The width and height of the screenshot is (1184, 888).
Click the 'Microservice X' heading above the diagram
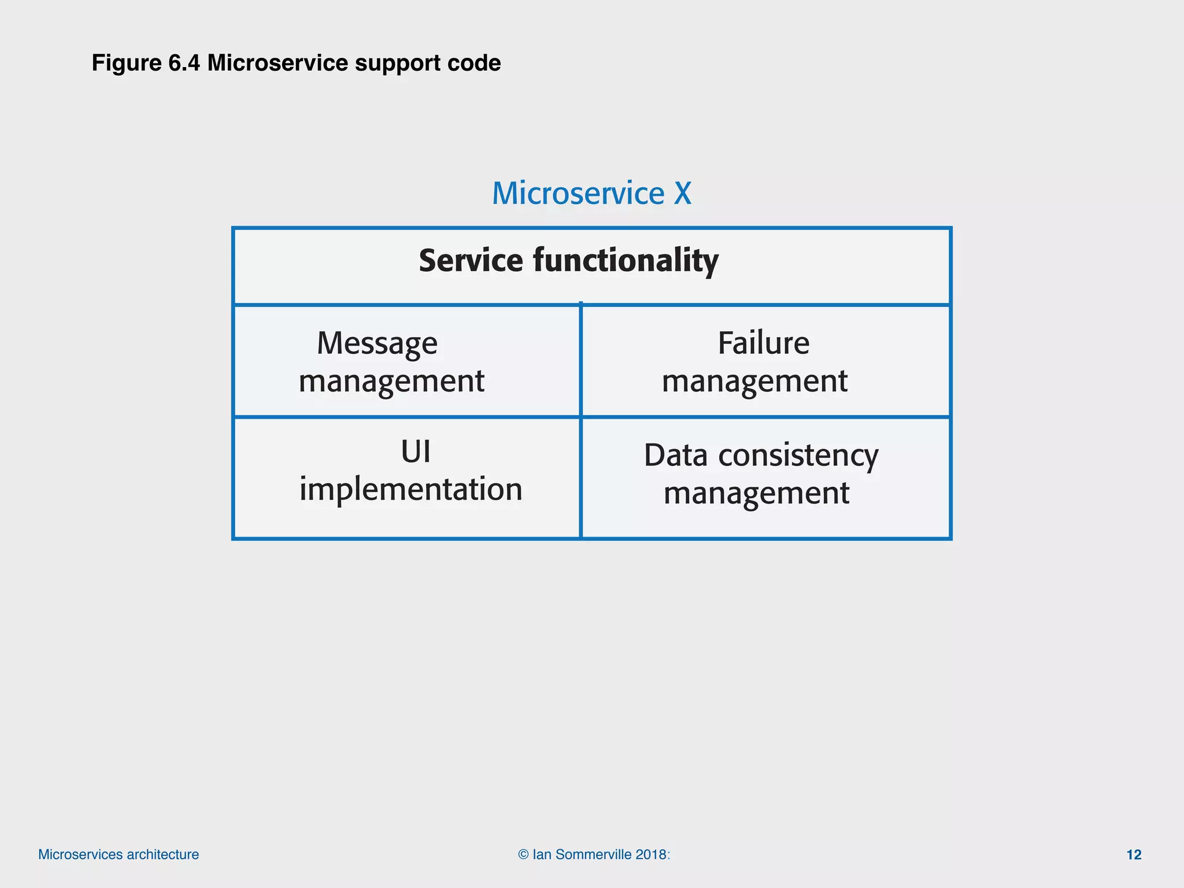591,193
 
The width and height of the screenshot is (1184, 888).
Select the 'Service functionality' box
591,266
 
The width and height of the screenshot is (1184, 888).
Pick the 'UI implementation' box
406,478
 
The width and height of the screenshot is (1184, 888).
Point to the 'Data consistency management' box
765,478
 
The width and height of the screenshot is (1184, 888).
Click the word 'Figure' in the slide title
126,63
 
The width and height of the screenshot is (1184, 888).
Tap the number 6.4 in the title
184,63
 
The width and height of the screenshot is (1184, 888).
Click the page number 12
1134,854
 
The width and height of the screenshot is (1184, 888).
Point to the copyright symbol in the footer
523,854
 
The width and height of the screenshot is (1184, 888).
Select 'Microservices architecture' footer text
119,854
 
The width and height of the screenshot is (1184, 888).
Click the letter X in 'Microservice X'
682,193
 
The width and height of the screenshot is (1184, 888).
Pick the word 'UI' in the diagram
415,452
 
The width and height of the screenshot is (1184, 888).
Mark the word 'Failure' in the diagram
763,343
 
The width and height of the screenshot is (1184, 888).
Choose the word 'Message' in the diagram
377,344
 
